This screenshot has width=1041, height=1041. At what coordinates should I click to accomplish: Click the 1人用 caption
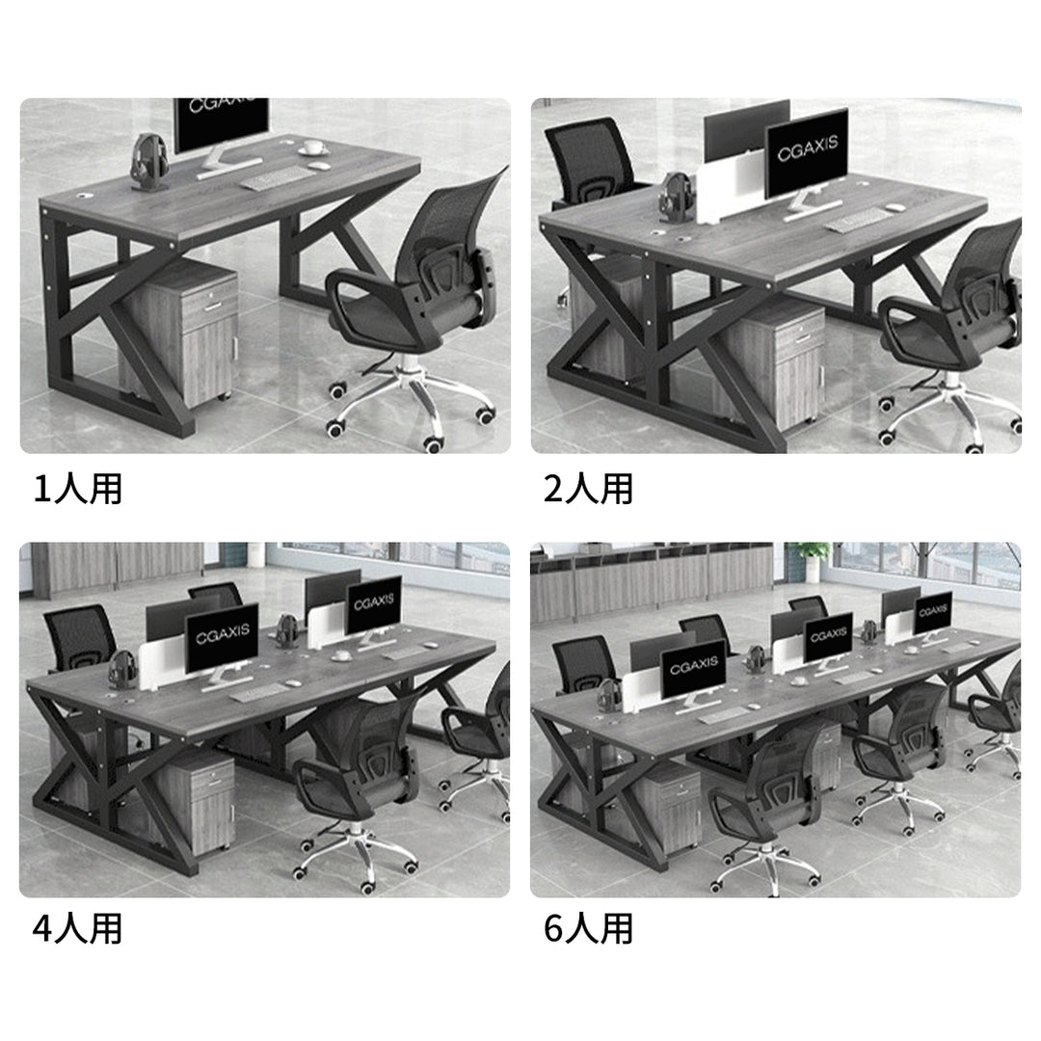78,490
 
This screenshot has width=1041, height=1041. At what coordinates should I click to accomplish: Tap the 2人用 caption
588,490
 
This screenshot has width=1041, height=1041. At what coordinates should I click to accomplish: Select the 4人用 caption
78,928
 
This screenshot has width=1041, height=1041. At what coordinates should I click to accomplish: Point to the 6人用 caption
588,928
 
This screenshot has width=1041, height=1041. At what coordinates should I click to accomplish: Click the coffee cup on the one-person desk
312,147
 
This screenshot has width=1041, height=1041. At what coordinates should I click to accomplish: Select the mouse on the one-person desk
320,166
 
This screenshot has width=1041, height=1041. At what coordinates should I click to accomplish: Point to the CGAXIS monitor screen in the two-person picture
808,152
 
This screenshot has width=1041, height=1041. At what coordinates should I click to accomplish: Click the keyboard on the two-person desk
857,220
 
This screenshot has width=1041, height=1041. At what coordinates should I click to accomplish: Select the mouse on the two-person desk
895,208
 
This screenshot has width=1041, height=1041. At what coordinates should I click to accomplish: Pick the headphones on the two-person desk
678,195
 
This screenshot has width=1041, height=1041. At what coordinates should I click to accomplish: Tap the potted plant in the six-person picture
813,561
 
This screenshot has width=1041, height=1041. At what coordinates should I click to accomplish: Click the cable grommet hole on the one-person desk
84,197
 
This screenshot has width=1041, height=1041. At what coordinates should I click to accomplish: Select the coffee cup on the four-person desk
342,656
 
